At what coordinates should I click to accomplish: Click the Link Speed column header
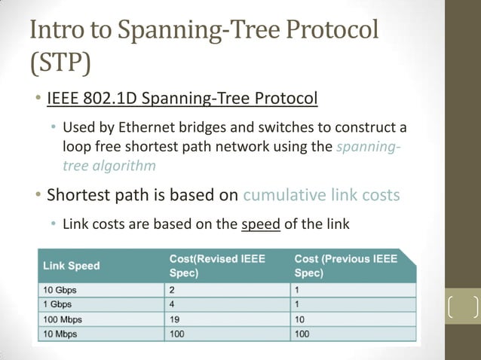[72, 265]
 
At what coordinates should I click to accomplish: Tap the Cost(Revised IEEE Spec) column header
[217, 265]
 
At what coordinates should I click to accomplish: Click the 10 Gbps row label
[60, 289]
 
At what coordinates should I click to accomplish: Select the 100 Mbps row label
[63, 318]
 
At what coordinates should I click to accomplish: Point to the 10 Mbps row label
[60, 333]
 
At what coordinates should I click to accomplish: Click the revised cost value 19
[175, 318]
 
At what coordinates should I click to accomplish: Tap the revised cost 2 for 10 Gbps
[173, 289]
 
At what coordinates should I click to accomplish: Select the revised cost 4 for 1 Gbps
[173, 304]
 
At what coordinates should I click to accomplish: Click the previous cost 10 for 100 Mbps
[300, 318]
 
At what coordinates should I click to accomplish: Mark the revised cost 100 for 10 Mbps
[178, 333]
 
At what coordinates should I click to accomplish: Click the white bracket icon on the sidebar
[463, 307]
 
